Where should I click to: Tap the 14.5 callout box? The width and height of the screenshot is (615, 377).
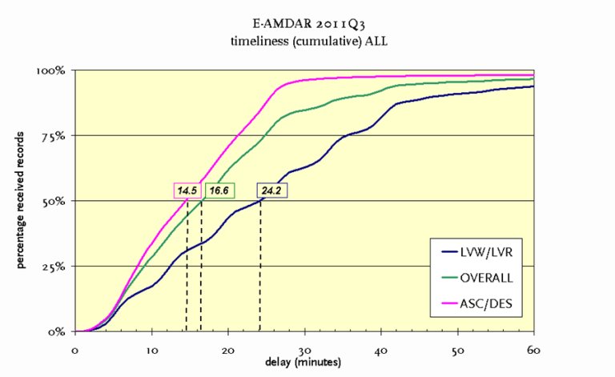tap(187, 191)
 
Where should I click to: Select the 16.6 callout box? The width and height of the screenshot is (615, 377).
tap(218, 191)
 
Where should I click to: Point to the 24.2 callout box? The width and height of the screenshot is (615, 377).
tap(271, 191)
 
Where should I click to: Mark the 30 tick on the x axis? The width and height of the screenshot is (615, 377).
tap(304, 349)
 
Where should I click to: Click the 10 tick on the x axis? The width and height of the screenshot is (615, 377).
tap(151, 349)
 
